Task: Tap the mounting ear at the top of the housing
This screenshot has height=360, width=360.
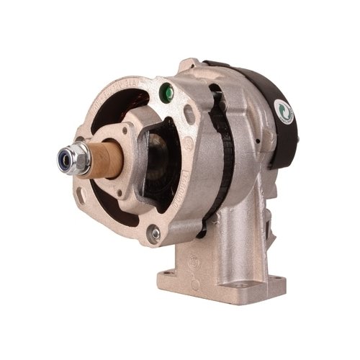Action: (189, 66)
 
